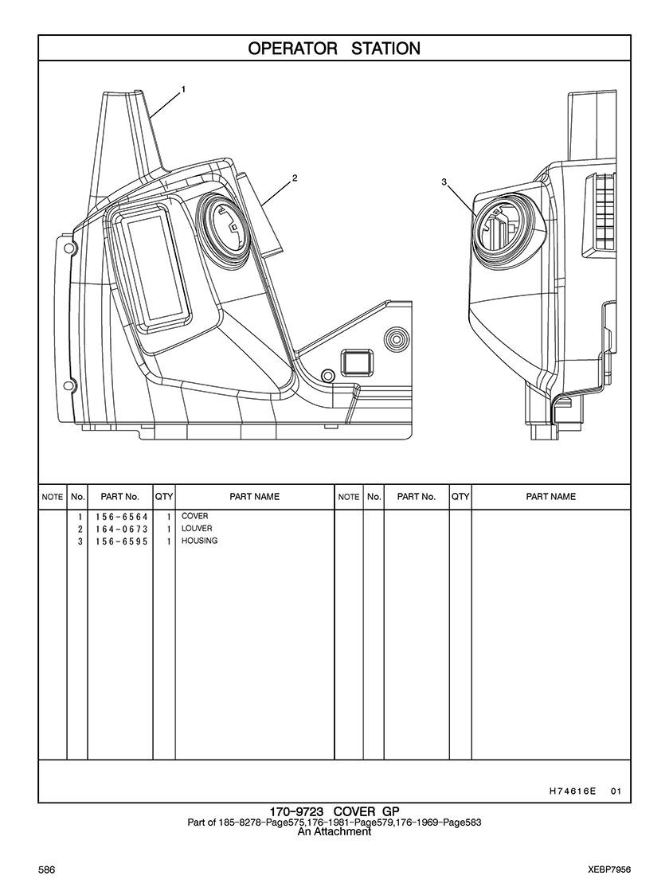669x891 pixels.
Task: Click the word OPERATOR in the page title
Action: (x=292, y=49)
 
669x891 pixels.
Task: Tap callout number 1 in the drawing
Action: (x=184, y=89)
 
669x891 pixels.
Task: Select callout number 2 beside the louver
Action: (x=295, y=178)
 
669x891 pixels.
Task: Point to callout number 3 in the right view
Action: (x=444, y=182)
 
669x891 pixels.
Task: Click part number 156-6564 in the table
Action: (x=121, y=517)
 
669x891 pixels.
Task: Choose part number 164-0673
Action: (x=121, y=529)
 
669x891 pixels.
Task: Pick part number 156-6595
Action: (x=121, y=541)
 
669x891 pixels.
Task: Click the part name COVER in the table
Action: (x=194, y=516)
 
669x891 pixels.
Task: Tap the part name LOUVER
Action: (x=197, y=529)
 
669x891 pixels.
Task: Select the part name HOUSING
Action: (x=200, y=541)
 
